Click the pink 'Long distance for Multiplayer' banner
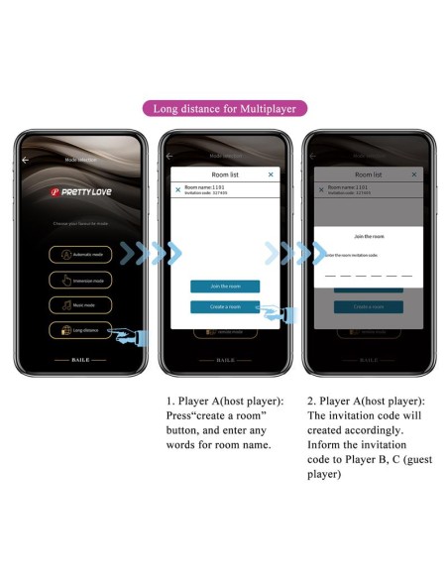click(x=223, y=108)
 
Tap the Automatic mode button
click(x=81, y=254)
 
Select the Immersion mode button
click(x=81, y=280)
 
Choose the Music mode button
click(x=81, y=305)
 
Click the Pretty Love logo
click(x=81, y=194)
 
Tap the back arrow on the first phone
click(x=26, y=160)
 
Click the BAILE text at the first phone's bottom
click(x=80, y=359)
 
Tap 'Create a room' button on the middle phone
click(x=225, y=307)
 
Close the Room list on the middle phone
click(x=271, y=174)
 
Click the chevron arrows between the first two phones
click(x=157, y=254)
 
